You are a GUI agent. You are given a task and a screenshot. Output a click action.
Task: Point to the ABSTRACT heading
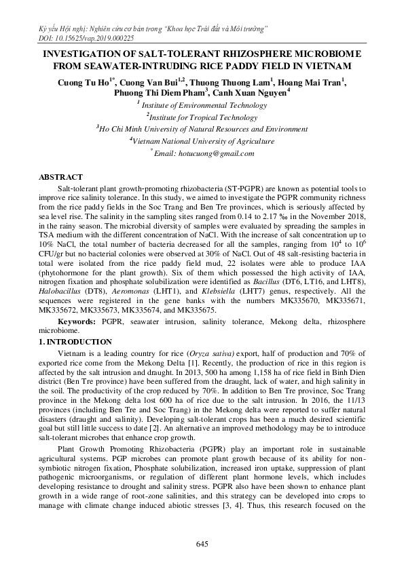pyautogui.click(x=61, y=177)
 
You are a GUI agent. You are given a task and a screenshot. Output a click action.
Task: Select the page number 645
pyautogui.click(x=201, y=545)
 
